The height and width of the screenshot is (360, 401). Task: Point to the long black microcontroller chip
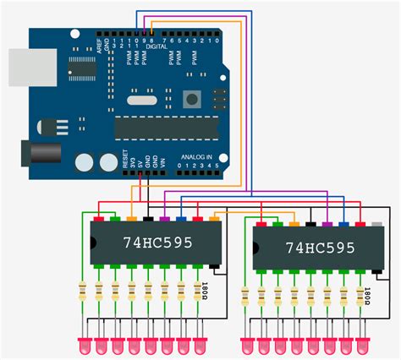[x=166, y=127]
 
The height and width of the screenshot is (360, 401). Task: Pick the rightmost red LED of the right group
[x=363, y=346]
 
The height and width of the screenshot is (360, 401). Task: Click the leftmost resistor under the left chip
[x=83, y=295]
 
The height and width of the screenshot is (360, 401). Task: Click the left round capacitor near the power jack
[x=85, y=162]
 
